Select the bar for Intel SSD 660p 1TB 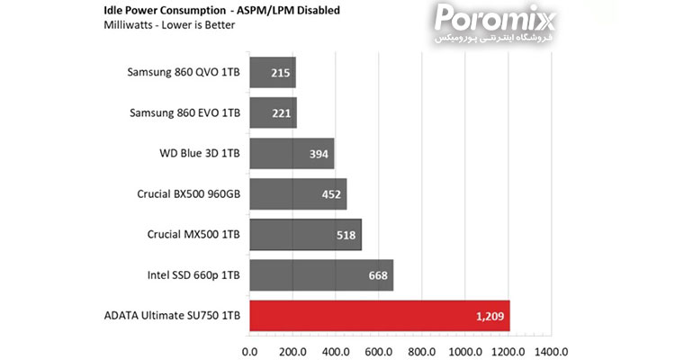coord(320,275)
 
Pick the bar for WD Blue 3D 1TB coord(291,154)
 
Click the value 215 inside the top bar coord(279,73)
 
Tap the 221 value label coord(281,113)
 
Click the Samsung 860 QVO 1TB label coord(184,72)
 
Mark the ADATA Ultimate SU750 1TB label coord(172,316)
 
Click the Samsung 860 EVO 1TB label coord(184,112)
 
